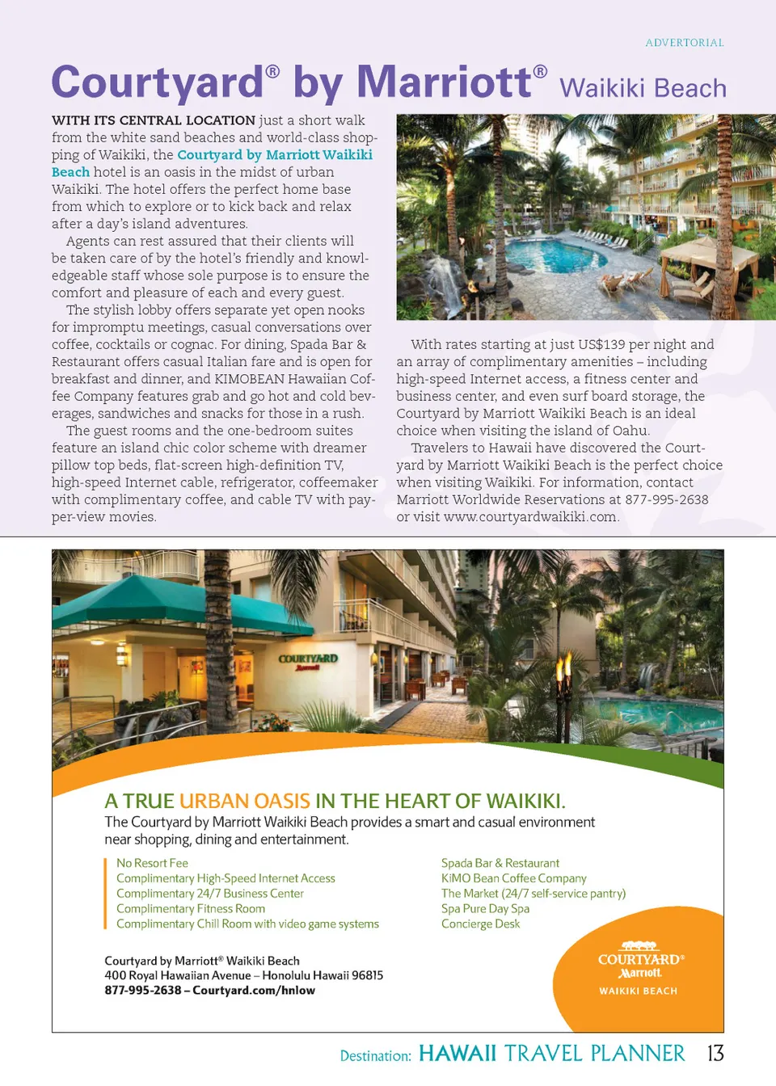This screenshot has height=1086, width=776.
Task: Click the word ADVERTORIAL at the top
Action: [684, 43]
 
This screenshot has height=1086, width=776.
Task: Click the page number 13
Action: [715, 1053]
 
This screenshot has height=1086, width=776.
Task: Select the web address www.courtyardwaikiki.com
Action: [530, 516]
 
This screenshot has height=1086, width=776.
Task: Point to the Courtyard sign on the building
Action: [308, 660]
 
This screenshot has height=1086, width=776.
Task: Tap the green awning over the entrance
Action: [129, 602]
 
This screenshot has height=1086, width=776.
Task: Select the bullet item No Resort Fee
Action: [152, 863]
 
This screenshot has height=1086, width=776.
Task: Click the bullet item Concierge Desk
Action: [480, 924]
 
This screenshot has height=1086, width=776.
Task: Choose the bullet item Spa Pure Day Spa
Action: [485, 908]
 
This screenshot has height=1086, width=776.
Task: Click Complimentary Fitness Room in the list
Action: [191, 908]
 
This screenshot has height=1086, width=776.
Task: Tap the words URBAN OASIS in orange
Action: [244, 801]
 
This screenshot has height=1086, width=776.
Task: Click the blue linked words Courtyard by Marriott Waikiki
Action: [275, 154]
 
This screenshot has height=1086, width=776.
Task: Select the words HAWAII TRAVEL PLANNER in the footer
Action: [551, 1053]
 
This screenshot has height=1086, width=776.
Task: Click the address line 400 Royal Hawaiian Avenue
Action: [243, 975]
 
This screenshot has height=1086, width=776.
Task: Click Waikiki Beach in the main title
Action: [643, 88]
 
